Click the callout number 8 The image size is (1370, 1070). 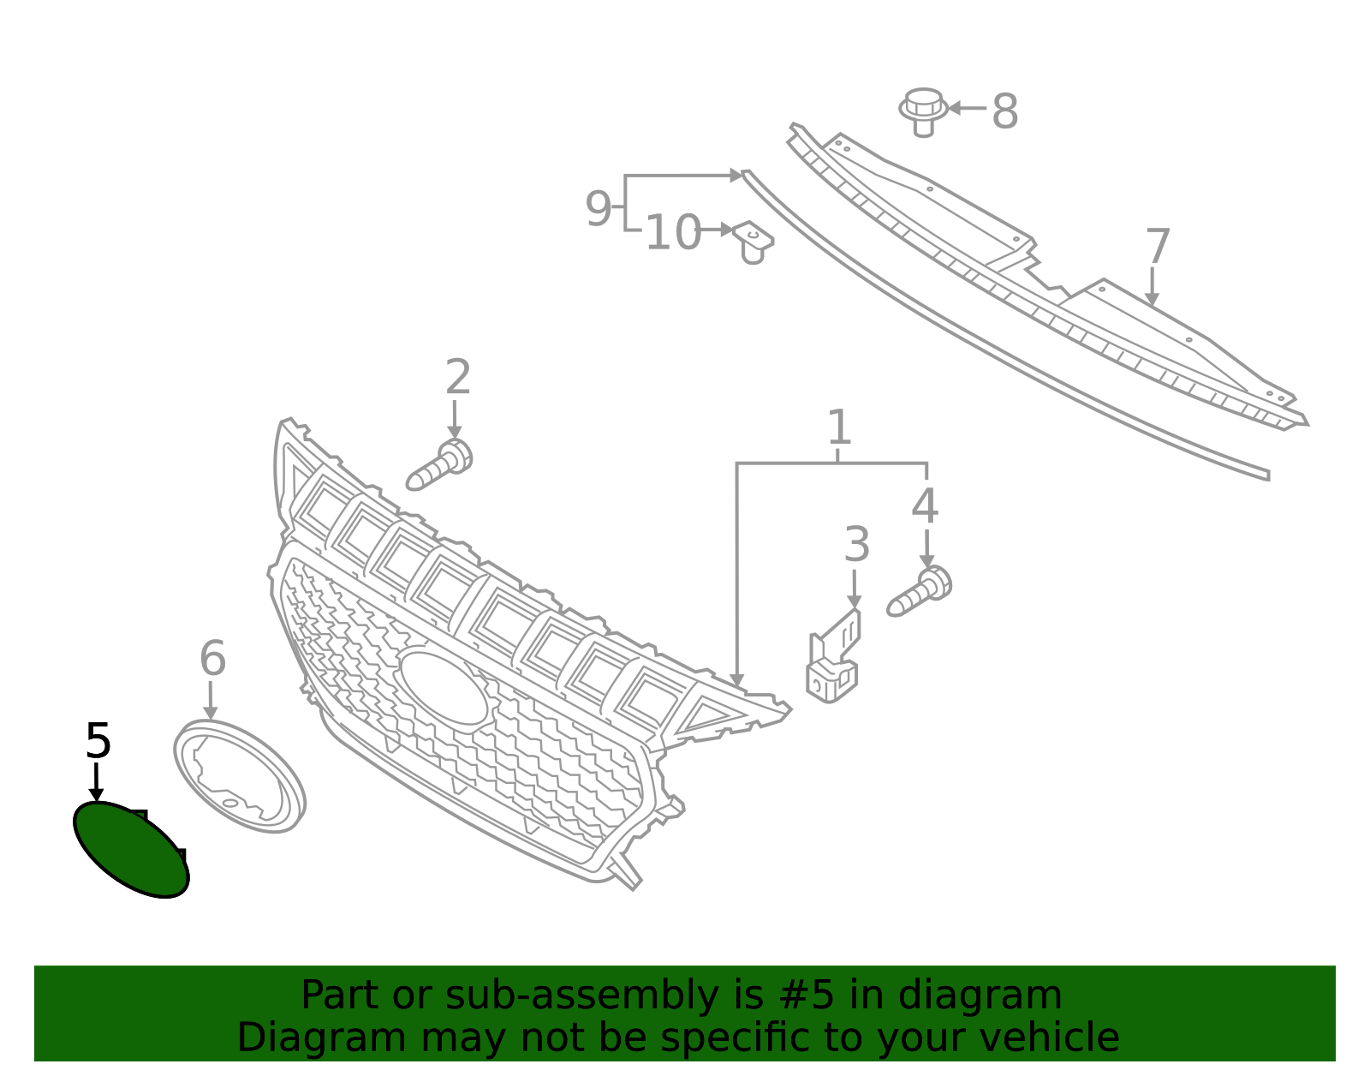1005,111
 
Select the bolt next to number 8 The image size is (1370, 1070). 923,111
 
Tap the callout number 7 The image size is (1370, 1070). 1158,247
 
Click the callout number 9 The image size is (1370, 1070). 598,209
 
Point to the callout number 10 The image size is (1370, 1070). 673,233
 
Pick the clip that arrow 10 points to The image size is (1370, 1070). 754,242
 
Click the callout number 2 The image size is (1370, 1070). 458,376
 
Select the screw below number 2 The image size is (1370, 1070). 439,464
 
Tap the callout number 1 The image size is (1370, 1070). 839,427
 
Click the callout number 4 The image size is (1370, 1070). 924,505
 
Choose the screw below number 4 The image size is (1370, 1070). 920,591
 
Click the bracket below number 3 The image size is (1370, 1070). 833,656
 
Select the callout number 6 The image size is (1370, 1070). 212,658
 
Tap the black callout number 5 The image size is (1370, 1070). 98,741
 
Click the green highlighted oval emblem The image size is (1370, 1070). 131,849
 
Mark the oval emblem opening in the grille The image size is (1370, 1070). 444,689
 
